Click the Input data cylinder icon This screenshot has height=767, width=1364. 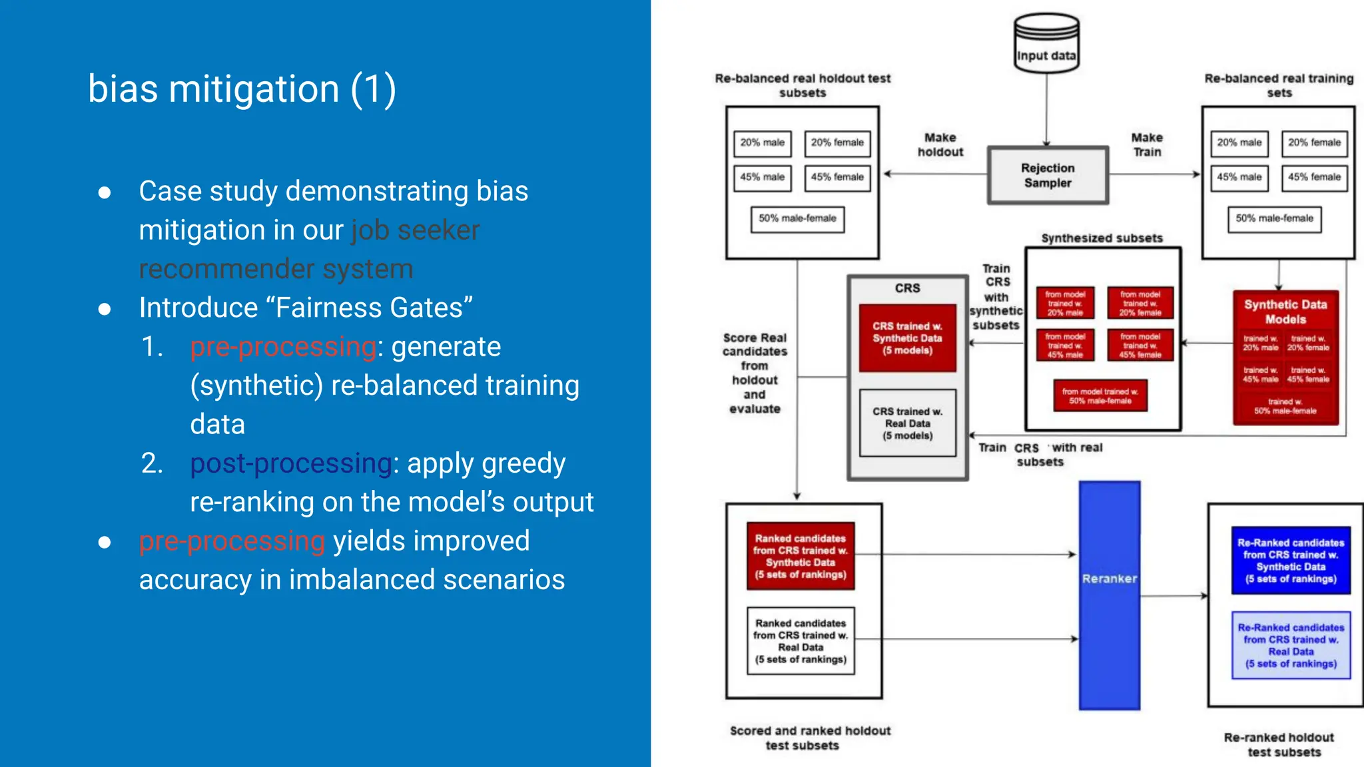pos(1046,43)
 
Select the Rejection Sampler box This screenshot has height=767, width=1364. pos(1048,175)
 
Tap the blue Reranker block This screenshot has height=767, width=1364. pos(1109,595)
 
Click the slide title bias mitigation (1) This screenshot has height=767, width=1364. pos(242,89)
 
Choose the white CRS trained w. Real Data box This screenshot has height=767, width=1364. pos(907,423)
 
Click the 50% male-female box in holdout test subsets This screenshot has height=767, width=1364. pos(797,219)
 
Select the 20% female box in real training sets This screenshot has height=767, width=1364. pos(1314,143)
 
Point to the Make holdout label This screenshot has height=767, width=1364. pos(940,144)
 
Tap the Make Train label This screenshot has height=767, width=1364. pos(1147,144)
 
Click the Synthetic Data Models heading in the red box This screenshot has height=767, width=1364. pos(1285,312)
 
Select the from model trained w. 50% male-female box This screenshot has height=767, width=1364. pos(1100,396)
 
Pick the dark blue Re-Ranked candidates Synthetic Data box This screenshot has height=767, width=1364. pos(1291,561)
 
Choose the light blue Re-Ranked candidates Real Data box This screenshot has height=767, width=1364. pos(1291,645)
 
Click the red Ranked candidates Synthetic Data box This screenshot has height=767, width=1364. pos(800,556)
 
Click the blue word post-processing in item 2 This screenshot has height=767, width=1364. pos(291,463)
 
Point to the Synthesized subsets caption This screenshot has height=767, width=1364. pos(1102,238)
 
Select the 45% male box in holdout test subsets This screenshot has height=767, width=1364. pos(762,178)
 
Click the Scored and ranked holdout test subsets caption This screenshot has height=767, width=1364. pos(809,738)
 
